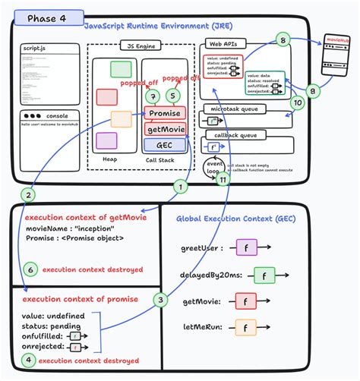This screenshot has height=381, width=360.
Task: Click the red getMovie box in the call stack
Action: point(166,131)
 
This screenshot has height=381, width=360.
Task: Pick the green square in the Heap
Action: point(122,70)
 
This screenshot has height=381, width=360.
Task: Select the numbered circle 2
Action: point(28,195)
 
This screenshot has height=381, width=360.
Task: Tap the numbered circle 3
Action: point(161,299)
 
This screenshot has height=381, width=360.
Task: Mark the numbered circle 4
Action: point(28,361)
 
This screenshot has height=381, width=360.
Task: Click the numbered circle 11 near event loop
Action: point(223,181)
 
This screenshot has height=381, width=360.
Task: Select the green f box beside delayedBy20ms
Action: point(264,276)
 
